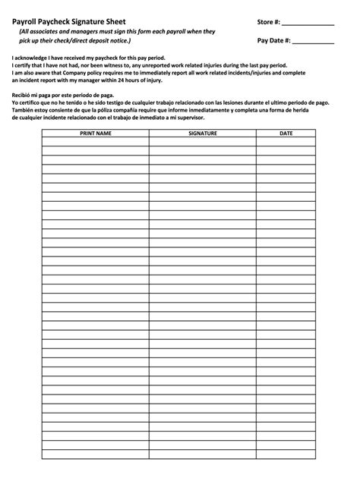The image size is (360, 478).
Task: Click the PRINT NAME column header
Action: tap(96, 133)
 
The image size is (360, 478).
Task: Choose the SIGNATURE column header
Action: tap(203, 133)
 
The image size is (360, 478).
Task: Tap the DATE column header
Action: tap(286, 133)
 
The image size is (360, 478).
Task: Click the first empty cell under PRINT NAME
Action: tap(96, 141)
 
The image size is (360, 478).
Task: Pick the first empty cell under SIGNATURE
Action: tap(203, 141)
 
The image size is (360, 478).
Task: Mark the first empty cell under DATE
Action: tap(286, 141)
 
